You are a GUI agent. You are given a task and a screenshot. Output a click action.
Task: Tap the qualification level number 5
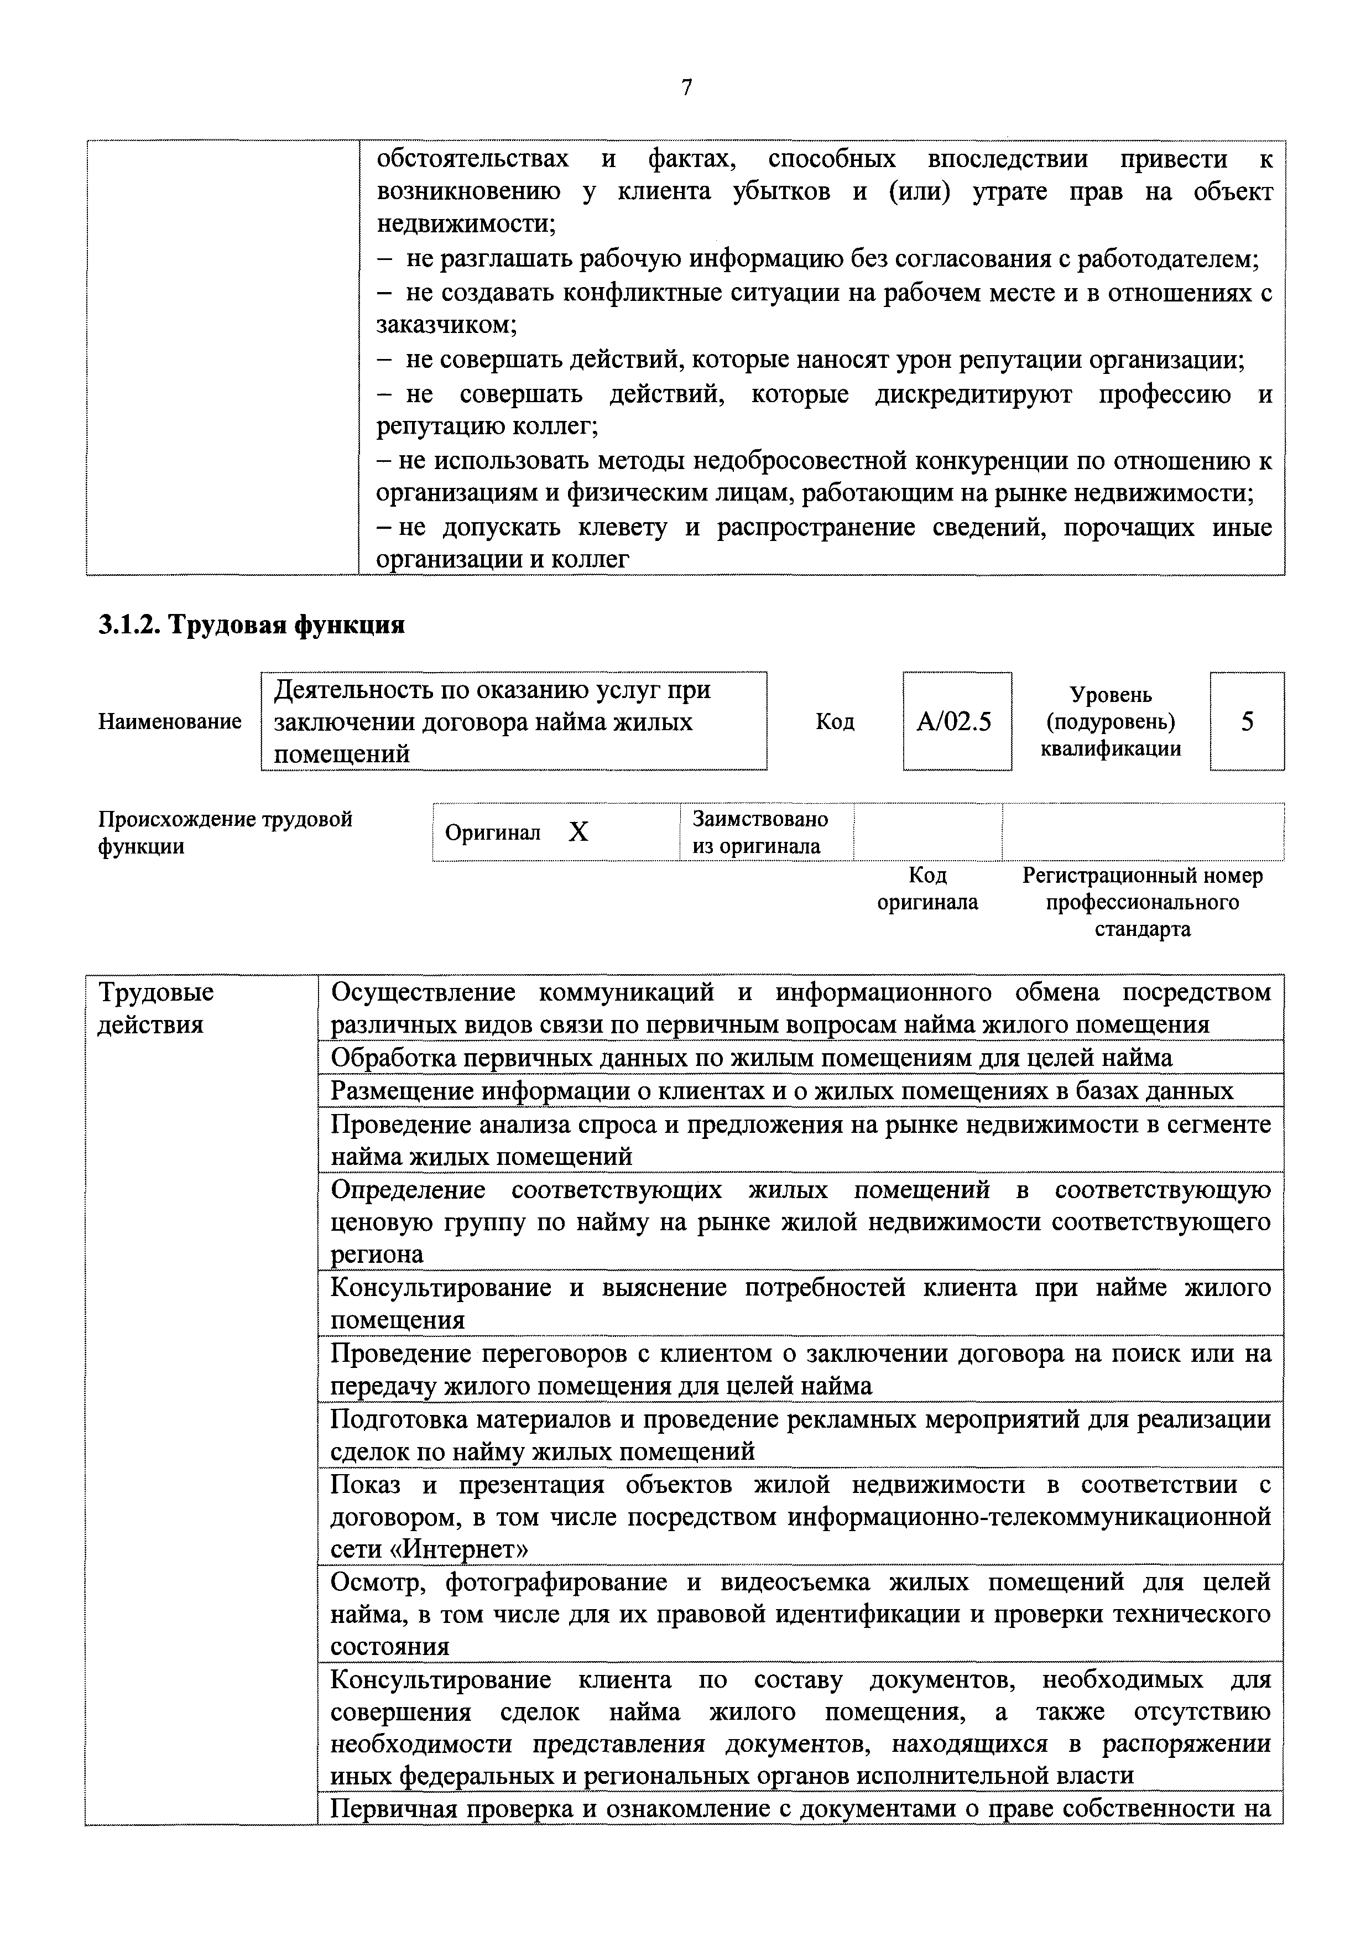click(1247, 721)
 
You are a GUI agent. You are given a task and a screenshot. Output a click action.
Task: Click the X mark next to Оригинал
click(578, 832)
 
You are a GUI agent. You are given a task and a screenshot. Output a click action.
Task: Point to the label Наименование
click(170, 722)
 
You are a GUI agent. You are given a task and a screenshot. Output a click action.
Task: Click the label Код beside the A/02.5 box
click(835, 722)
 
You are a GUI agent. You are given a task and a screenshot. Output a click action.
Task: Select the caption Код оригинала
click(927, 888)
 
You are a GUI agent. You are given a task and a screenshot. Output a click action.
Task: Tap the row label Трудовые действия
click(157, 1008)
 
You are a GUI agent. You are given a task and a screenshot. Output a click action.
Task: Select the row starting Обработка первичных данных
click(750, 1058)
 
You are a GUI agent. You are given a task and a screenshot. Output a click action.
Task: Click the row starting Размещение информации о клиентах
click(781, 1091)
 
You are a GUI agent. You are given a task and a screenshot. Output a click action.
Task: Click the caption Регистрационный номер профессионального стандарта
click(1142, 902)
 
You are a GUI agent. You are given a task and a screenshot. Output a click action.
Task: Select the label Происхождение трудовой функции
click(226, 832)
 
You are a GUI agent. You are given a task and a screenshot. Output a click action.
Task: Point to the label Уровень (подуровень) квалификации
click(1111, 722)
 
